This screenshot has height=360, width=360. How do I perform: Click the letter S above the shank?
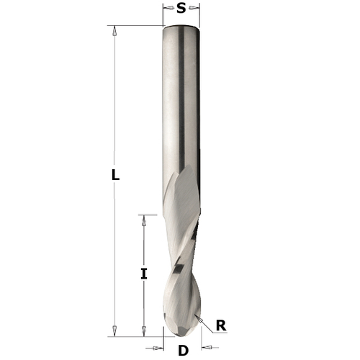(181, 9)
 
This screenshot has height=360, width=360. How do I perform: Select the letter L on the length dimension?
(116, 175)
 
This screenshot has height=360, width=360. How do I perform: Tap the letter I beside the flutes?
(144, 274)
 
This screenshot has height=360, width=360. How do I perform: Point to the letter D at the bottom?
(183, 351)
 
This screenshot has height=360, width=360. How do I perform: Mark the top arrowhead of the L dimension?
(113, 31)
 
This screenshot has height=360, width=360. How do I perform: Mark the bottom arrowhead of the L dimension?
(113, 330)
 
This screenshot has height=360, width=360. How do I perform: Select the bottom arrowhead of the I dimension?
(144, 330)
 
